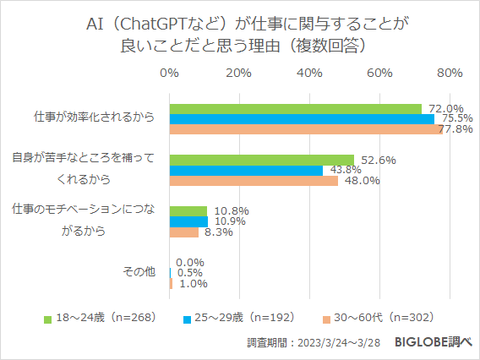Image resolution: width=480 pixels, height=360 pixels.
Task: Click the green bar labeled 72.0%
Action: pyautogui.click(x=295, y=109)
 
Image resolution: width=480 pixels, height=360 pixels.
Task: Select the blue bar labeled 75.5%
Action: pyautogui.click(x=301, y=119)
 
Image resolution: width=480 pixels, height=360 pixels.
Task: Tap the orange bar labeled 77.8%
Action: pyautogui.click(x=305, y=129)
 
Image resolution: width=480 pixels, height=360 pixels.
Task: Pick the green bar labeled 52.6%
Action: pyautogui.click(x=261, y=160)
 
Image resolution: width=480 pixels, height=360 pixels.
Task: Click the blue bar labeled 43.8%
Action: pyautogui.click(x=246, y=170)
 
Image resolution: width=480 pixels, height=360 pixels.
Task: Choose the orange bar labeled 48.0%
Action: pyautogui.click(x=254, y=180)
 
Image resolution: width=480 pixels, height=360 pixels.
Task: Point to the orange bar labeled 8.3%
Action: pyautogui.click(x=184, y=232)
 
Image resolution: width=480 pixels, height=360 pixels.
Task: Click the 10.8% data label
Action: pyautogui.click(x=226, y=210)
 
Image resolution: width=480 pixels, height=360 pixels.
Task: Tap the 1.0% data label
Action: pyautogui.click(x=193, y=284)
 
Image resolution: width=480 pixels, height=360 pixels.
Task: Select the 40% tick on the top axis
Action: pyautogui.click(x=309, y=73)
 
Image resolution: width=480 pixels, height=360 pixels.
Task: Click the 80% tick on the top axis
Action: pyautogui.click(x=449, y=73)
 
